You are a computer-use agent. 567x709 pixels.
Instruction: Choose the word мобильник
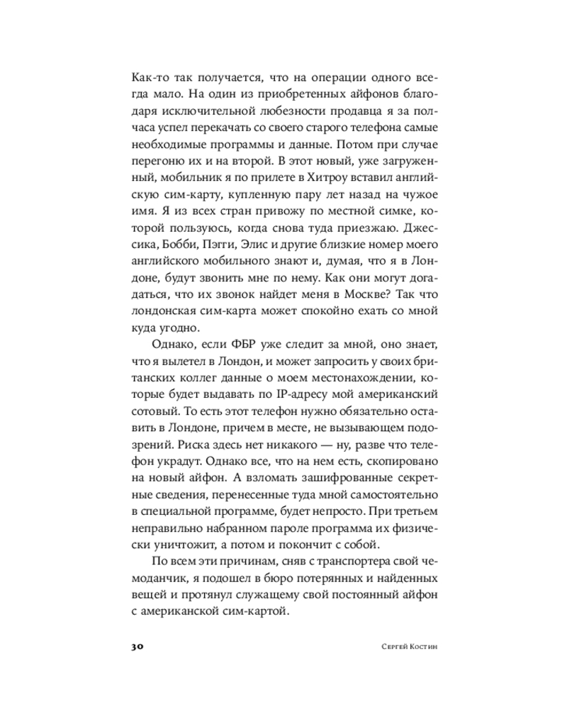click(x=187, y=180)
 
